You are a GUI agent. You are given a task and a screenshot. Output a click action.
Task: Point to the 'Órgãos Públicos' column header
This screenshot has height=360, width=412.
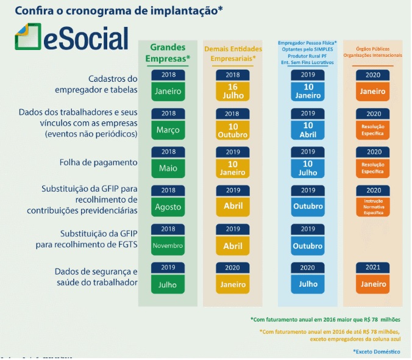tap(372, 51)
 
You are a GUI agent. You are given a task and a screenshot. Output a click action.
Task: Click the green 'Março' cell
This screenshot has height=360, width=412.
tap(168, 130)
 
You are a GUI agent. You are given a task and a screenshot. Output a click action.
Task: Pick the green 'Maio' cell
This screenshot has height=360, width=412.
tap(168, 168)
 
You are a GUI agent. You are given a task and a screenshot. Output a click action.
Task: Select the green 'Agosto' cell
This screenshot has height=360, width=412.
tap(168, 207)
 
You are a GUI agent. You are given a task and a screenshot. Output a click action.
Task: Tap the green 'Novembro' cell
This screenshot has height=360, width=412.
tap(168, 245)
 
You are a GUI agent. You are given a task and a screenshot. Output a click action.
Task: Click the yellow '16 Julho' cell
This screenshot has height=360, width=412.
tap(232, 91)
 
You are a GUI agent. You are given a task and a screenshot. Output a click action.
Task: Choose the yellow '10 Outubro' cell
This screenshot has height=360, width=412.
tap(232, 130)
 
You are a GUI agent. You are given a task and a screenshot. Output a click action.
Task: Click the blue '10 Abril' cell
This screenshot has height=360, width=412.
tap(308, 130)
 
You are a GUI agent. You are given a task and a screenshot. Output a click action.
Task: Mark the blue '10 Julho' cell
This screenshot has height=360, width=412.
tap(308, 168)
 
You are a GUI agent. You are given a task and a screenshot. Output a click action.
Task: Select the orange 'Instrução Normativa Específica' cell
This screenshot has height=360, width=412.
tap(373, 206)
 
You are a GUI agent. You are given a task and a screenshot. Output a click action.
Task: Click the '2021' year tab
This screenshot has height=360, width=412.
tap(373, 267)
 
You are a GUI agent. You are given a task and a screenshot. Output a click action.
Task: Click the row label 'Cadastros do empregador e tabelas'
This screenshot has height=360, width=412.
tap(105, 84)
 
